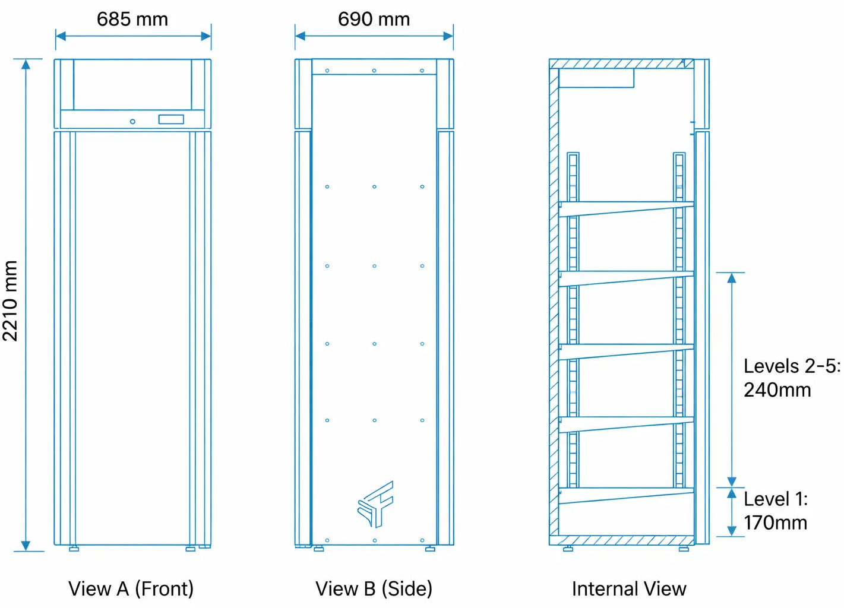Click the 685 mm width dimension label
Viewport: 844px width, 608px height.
132,19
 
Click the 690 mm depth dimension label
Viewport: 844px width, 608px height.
374,19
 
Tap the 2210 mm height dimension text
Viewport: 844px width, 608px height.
10,301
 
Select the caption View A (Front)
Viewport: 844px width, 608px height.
131,588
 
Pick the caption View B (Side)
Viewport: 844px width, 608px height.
374,588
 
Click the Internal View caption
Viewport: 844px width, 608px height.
629,588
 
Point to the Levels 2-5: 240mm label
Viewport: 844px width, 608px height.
791,378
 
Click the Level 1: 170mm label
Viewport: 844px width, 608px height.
775,511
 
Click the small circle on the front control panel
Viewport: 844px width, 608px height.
132,121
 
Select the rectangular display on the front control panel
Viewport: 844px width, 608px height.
171,119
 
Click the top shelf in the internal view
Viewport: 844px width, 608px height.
626,208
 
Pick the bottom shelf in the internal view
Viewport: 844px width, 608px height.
626,495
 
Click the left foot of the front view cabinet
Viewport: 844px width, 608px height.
74,549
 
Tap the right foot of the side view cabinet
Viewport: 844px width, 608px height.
430,549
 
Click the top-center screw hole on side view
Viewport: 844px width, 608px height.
374,71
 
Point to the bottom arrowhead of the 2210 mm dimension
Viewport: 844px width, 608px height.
26,546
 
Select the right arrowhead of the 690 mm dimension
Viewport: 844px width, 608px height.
448,36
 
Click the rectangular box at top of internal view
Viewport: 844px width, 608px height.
596,78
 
